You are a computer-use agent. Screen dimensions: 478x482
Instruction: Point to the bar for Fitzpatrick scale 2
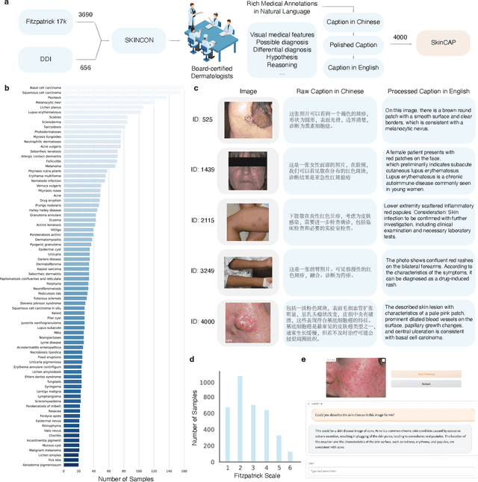[240, 418]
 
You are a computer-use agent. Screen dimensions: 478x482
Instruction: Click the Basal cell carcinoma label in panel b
[44, 87]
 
